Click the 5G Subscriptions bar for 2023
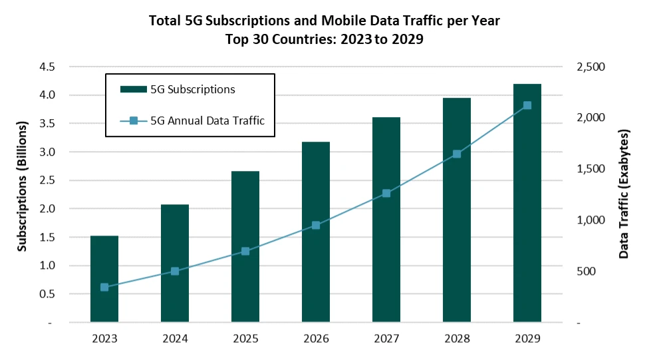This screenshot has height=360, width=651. pyautogui.click(x=104, y=279)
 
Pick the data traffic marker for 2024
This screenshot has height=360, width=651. pyautogui.click(x=175, y=271)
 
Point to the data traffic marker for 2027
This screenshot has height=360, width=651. pyautogui.click(x=386, y=194)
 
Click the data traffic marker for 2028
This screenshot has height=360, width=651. pyautogui.click(x=457, y=154)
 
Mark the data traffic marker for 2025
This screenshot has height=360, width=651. pyautogui.click(x=245, y=251)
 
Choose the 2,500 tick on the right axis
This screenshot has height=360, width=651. pyautogui.click(x=590, y=67)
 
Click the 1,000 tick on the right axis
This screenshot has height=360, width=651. pyautogui.click(x=590, y=220)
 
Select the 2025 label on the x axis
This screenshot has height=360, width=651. pyautogui.click(x=245, y=339)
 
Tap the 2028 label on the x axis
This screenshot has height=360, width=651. pyautogui.click(x=457, y=339)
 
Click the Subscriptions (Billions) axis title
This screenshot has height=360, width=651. pyautogui.click(x=23, y=186)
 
